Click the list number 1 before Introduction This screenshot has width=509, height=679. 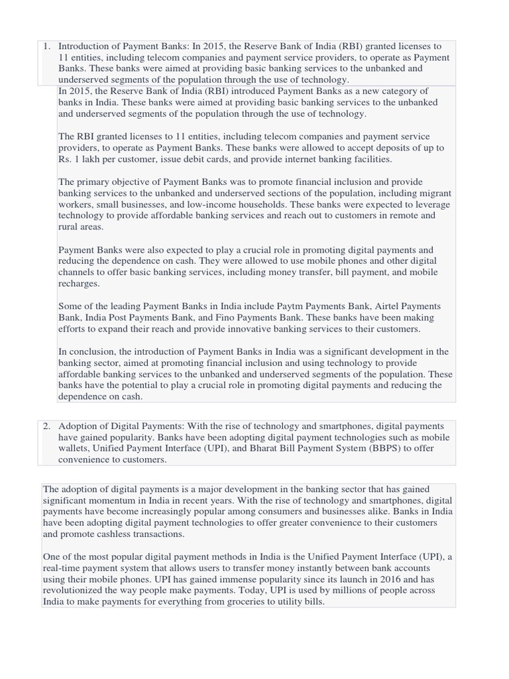pyautogui.click(x=46, y=46)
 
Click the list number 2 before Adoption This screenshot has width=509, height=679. pyautogui.click(x=46, y=426)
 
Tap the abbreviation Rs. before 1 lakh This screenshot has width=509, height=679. pyautogui.click(x=66, y=159)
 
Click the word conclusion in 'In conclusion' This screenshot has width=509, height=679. pyautogui.click(x=91, y=351)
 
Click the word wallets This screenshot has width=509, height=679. pyautogui.click(x=75, y=448)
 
